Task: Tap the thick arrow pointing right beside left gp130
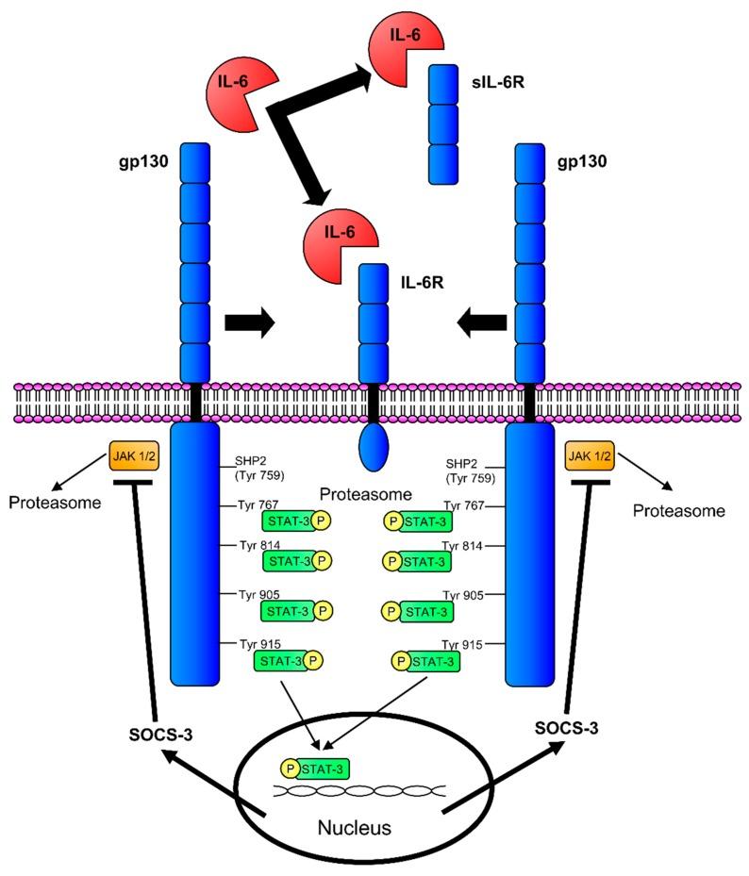click(x=249, y=324)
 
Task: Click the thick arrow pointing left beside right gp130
click(x=481, y=324)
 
